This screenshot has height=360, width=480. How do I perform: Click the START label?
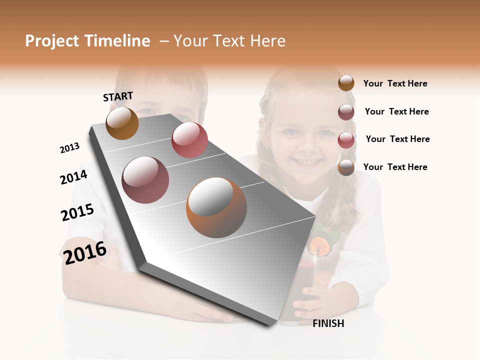click(x=118, y=96)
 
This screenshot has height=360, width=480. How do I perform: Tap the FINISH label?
click(x=328, y=323)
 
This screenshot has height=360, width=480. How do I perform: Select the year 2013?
click(x=69, y=148)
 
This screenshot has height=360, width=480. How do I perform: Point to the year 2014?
click(x=73, y=177)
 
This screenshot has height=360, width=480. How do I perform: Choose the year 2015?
click(x=77, y=212)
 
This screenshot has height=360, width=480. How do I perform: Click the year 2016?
click(x=85, y=253)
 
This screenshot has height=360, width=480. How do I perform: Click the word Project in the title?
click(x=52, y=41)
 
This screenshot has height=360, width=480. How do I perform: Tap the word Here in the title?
click(x=268, y=41)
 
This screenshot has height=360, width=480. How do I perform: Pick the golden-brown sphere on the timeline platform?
click(x=122, y=123)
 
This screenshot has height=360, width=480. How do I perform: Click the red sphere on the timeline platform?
click(x=189, y=140)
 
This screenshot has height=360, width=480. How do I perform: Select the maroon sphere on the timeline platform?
click(x=145, y=180)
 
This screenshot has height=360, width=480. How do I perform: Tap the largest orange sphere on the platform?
click(x=216, y=207)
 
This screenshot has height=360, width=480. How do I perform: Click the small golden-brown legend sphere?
click(x=346, y=83)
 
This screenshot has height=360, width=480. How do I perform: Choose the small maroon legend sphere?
click(x=346, y=112)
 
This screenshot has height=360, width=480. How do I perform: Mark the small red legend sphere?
click(x=346, y=140)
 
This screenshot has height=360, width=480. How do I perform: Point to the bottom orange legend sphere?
click(x=346, y=167)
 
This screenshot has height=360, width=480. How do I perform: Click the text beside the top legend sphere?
click(x=395, y=83)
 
